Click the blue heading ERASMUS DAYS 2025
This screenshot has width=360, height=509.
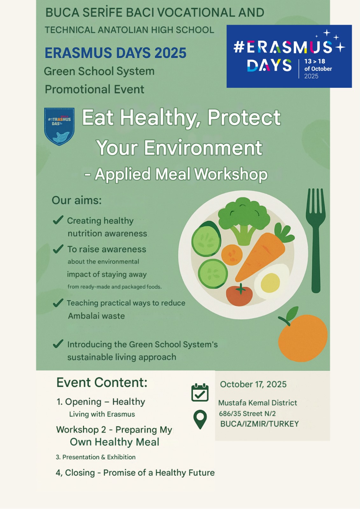pyautogui.click(x=116, y=53)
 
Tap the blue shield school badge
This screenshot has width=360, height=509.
pyautogui.click(x=59, y=126)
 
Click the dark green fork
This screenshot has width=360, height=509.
pyautogui.click(x=316, y=241)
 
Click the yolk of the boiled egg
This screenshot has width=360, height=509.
pyautogui.click(x=270, y=283)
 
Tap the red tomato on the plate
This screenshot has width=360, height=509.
pyautogui.click(x=239, y=295)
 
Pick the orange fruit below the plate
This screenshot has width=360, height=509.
pyautogui.click(x=303, y=338)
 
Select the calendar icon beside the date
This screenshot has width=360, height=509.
pyautogui.click(x=200, y=392)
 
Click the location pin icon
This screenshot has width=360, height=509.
pyautogui.click(x=200, y=420)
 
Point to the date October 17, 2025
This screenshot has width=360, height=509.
pyautogui.click(x=253, y=384)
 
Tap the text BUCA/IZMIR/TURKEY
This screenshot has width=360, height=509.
pyautogui.click(x=259, y=424)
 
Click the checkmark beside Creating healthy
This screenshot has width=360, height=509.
pyautogui.click(x=58, y=220)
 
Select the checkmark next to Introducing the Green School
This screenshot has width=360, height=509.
pyautogui.click(x=58, y=344)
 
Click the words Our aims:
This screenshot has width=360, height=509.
pyautogui.click(x=77, y=200)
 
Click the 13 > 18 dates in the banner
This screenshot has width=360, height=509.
pyautogui.click(x=315, y=61)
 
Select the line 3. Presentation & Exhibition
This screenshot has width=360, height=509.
pyautogui.click(x=95, y=457)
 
